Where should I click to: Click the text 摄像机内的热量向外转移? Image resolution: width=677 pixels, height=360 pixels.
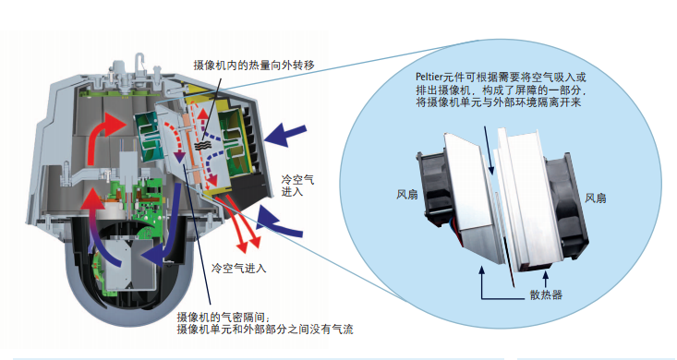[x=254, y=66]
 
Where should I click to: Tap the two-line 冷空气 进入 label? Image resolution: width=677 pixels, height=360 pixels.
[x=297, y=186]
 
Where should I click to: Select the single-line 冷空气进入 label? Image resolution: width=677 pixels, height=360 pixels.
[x=239, y=269]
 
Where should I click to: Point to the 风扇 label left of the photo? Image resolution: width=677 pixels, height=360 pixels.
[x=407, y=195]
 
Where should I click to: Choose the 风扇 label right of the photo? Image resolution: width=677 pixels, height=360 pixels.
[x=596, y=198]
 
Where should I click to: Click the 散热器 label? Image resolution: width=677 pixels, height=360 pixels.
[x=546, y=295]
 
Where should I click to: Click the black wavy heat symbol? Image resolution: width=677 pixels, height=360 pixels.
[x=201, y=146]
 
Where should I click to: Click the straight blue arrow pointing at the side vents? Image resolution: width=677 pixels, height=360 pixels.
[x=285, y=134]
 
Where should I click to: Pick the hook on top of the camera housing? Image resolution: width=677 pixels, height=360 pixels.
[x=140, y=60]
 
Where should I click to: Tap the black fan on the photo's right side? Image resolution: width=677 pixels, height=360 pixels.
[x=565, y=207]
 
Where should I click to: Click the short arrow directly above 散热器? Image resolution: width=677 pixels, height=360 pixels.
[x=546, y=280]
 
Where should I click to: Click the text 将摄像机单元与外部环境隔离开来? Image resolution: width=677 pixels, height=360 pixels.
[x=498, y=102]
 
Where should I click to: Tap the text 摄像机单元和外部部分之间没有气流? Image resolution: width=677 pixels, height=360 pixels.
[x=265, y=330]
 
